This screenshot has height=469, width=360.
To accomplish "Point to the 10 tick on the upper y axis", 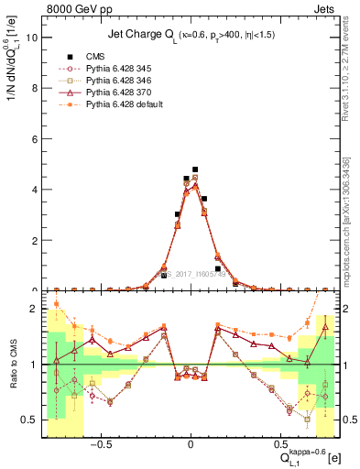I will point(33,38).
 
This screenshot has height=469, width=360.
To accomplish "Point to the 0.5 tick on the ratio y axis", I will point(32,420).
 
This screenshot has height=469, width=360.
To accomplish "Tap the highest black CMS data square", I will point(195,169).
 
